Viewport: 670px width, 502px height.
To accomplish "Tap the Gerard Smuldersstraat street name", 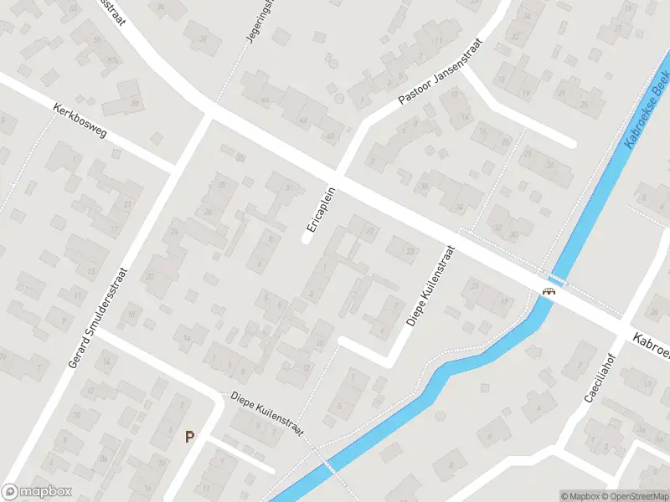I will [x=99, y=317].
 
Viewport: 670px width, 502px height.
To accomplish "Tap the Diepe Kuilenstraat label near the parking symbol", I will [x=262, y=413].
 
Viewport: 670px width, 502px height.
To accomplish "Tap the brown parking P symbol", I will [x=189, y=436].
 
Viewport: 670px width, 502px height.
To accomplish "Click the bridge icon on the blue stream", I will [x=549, y=291].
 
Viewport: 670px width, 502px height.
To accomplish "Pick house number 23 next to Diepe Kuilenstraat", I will [x=410, y=251].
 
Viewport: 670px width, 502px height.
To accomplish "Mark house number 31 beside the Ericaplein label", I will [x=289, y=187].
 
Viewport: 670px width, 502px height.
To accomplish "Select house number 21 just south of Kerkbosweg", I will [x=128, y=204].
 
